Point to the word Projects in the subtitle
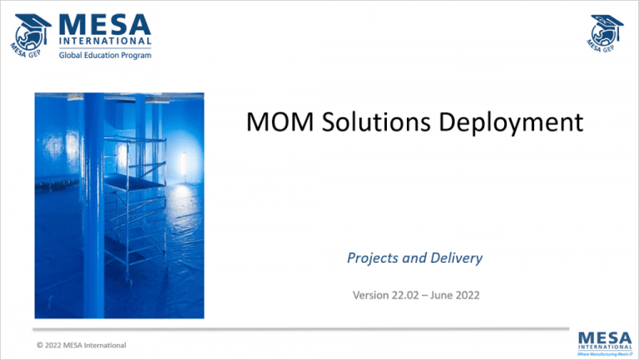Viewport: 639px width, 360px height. [372, 258]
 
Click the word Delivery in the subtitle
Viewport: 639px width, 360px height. [455, 258]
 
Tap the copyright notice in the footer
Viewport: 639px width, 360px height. [81, 344]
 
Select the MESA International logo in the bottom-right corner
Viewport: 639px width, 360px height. [603, 342]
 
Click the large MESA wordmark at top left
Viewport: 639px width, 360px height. [106, 22]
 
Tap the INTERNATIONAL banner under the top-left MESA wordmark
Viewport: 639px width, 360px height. [106, 40]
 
